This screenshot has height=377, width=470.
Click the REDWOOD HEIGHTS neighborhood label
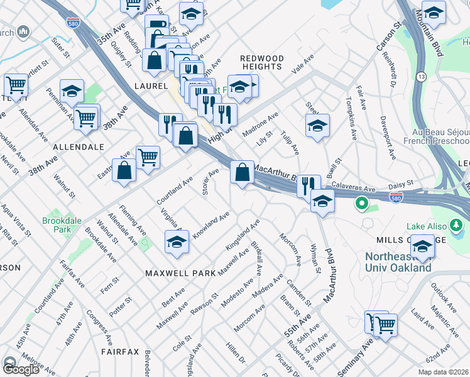(262, 62)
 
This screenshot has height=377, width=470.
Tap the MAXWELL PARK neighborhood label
(180, 273)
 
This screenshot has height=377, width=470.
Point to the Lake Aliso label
(444, 226)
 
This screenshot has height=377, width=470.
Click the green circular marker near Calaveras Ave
(361, 204)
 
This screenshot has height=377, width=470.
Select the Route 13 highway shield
(421, 76)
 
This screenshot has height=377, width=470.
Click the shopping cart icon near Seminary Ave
(385, 325)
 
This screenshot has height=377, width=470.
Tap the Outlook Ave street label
(444, 295)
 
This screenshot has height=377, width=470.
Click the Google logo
(21, 369)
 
